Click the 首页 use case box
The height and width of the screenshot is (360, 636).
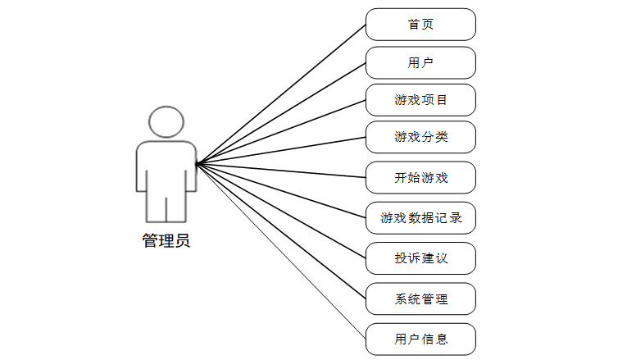point(420,25)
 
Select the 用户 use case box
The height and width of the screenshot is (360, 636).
point(420,62)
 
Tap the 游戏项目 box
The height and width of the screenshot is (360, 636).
point(420,100)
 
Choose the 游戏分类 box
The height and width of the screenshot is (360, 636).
point(420,137)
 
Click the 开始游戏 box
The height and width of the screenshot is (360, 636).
point(420,176)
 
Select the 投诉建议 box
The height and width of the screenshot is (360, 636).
point(420,258)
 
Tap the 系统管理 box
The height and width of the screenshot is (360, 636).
point(420,298)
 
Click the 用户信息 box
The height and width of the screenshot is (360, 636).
point(420,339)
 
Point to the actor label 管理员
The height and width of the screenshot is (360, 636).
point(166,241)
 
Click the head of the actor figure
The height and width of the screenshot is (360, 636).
point(166,122)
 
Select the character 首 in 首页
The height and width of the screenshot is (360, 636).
point(414,25)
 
